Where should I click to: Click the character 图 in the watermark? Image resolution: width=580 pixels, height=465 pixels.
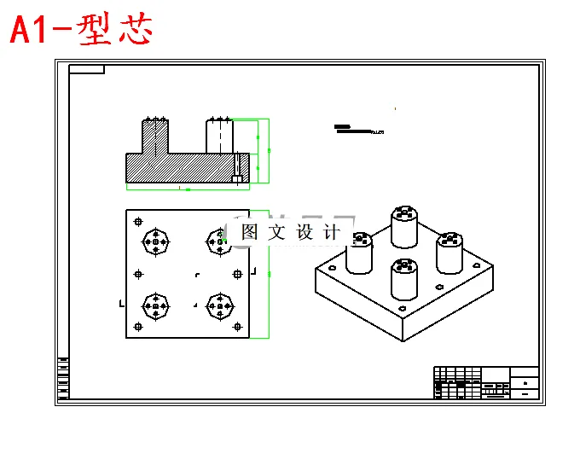(x=250, y=231)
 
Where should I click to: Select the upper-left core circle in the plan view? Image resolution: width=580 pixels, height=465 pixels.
(x=155, y=242)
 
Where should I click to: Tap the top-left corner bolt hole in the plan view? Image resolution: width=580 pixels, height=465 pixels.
(x=138, y=220)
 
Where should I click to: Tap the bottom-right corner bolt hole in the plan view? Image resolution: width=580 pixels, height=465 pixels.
(x=236, y=327)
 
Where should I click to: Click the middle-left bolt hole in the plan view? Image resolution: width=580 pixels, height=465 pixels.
(x=138, y=274)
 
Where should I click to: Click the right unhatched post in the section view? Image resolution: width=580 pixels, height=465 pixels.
(x=219, y=137)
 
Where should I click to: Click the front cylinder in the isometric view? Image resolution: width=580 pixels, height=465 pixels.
(x=403, y=282)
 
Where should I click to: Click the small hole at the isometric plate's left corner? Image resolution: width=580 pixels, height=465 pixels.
(x=331, y=269)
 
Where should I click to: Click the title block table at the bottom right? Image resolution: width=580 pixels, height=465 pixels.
(x=486, y=383)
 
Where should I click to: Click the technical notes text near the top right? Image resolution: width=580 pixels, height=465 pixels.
(x=358, y=130)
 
